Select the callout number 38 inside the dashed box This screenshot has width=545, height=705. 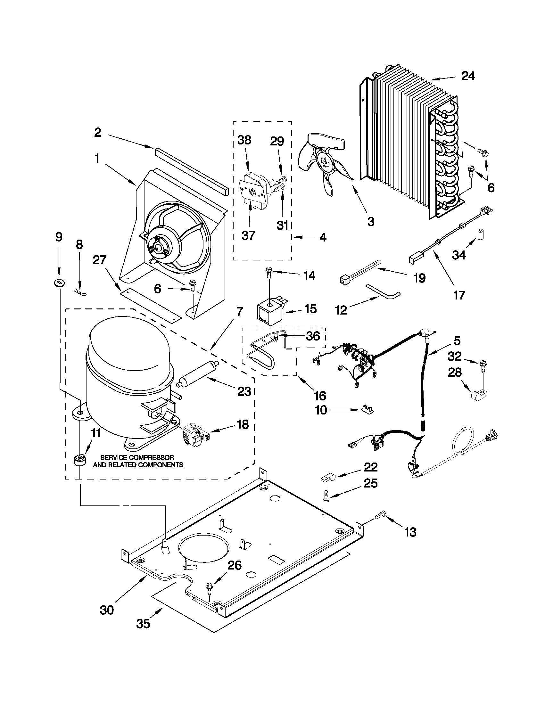pyautogui.click(x=244, y=140)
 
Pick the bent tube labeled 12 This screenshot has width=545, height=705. pyautogui.click(x=383, y=290)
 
